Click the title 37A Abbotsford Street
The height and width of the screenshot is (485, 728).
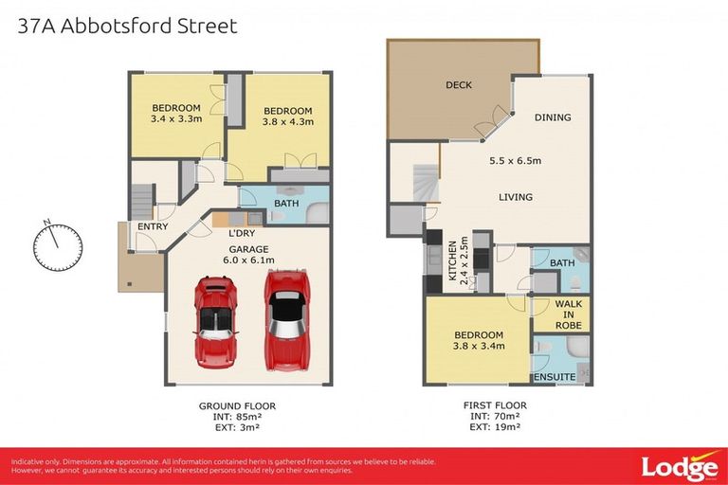coord(127,26)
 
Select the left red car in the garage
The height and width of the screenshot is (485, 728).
coord(214,321)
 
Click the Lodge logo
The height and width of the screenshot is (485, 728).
coord(679,467)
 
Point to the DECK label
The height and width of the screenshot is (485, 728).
coord(459,85)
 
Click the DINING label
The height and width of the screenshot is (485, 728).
coord(553,117)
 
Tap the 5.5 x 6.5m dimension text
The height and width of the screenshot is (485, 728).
coord(515,161)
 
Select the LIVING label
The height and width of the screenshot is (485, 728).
coord(515,197)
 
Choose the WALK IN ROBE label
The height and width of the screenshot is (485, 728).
coord(569,314)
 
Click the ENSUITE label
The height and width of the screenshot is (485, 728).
coord(555,377)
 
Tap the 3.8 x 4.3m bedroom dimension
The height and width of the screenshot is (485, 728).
coord(287,121)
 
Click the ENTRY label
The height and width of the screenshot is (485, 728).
coord(153,226)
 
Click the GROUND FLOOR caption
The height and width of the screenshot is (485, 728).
coord(237,405)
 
